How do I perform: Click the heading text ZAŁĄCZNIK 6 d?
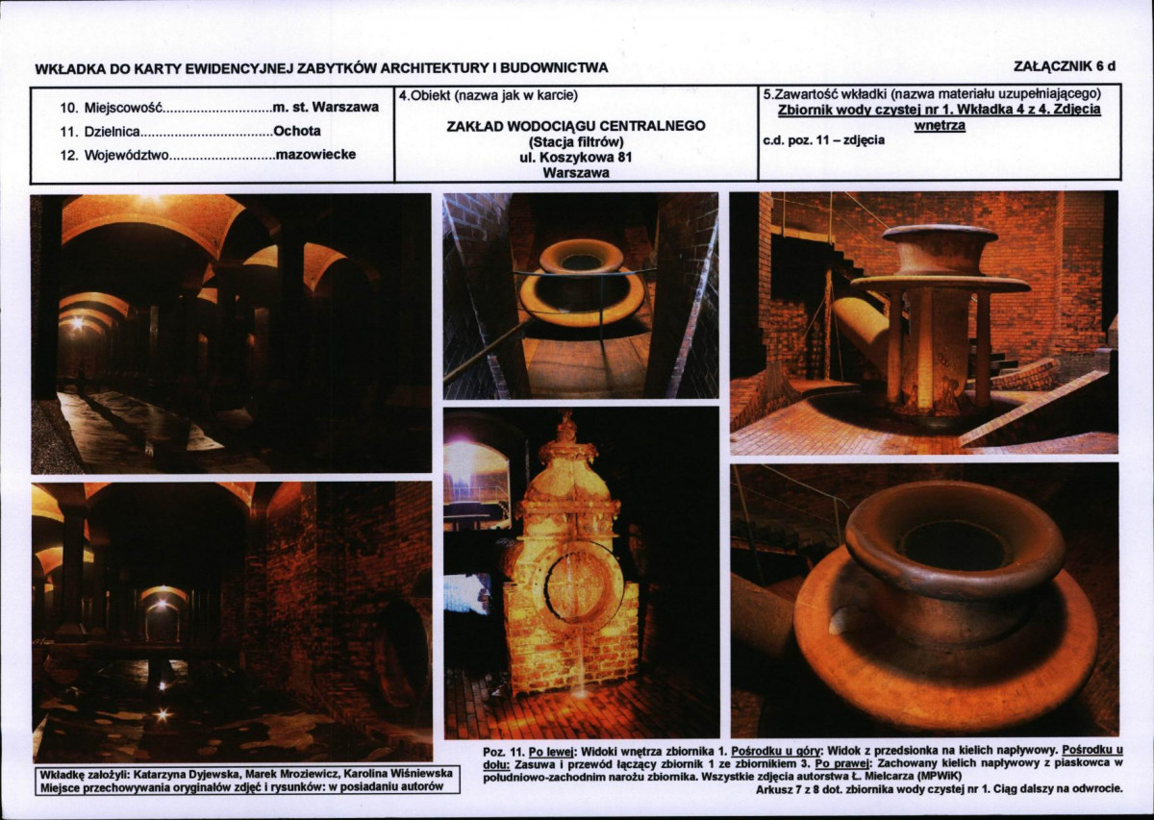click(1064, 66)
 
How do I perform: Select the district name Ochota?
click(297, 131)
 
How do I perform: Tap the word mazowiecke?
click(315, 155)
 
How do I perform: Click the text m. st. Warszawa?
click(326, 107)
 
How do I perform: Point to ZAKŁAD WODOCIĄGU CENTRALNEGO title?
click(576, 126)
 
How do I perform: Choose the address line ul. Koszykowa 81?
click(576, 157)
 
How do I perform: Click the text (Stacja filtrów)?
click(576, 141)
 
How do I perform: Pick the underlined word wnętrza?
click(940, 125)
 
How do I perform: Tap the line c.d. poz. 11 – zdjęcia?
click(824, 140)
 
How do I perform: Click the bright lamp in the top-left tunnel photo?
click(78, 323)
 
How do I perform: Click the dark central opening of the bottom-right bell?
click(952, 545)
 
